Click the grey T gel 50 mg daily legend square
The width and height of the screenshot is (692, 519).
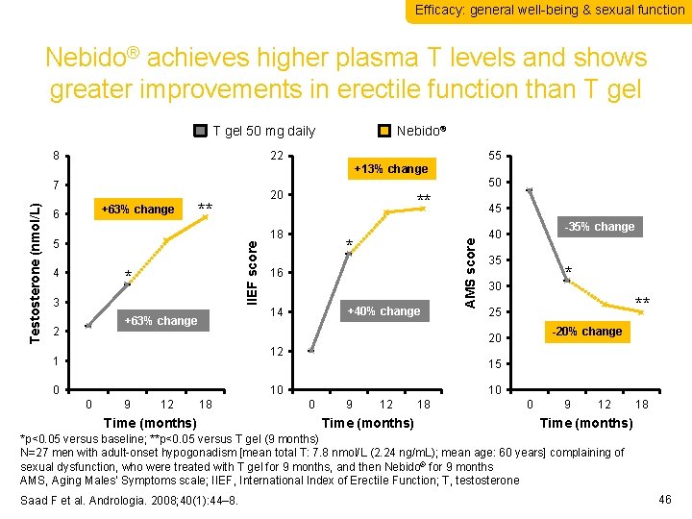[201, 131]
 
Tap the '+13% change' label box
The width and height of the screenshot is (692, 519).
[390, 169]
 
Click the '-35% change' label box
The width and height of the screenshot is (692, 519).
[600, 227]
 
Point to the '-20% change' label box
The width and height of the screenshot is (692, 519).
[585, 332]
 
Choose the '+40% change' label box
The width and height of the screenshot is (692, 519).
[383, 310]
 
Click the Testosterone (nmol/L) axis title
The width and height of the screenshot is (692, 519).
[36, 272]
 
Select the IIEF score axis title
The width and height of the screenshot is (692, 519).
[252, 274]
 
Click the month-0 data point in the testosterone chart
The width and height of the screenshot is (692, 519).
[88, 327]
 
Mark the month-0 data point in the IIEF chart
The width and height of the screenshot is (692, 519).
[310, 352]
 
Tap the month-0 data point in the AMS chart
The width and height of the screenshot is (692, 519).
[529, 189]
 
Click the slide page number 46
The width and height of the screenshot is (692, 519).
[666, 499]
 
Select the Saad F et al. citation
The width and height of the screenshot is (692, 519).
[127, 499]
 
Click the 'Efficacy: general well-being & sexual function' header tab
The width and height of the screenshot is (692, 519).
[549, 10]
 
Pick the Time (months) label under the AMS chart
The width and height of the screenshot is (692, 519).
[586, 423]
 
